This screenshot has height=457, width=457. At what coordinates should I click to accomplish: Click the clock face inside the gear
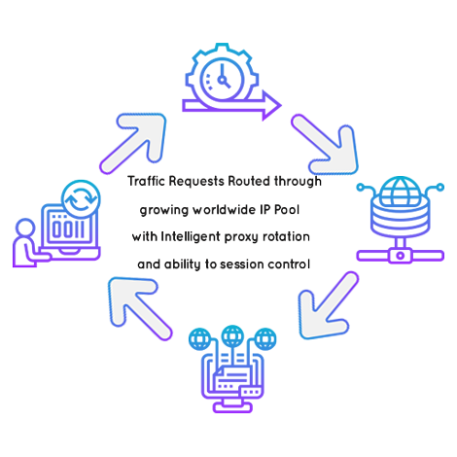[x=222, y=79]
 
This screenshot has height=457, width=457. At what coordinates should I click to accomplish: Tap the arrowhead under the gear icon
[x=271, y=105]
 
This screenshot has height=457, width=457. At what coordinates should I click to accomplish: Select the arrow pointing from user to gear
[x=134, y=142]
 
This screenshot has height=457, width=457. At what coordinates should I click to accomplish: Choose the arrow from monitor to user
[x=138, y=307]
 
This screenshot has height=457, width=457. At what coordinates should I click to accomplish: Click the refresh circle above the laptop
[x=81, y=199]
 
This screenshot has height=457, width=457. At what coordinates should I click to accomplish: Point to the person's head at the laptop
[x=25, y=228]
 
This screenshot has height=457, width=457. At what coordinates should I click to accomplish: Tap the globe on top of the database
[x=400, y=191]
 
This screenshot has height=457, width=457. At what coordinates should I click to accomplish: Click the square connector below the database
[x=401, y=256]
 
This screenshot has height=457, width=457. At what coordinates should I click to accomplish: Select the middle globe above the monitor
[x=232, y=336]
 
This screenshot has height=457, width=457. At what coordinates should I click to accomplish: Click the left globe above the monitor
[x=200, y=339]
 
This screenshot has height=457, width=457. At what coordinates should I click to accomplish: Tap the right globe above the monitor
[x=265, y=339]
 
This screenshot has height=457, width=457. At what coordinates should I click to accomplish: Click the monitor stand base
[x=232, y=407]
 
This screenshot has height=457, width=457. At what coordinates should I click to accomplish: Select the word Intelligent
[x=191, y=237]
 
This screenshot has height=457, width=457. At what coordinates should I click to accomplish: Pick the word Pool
[x=287, y=210]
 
